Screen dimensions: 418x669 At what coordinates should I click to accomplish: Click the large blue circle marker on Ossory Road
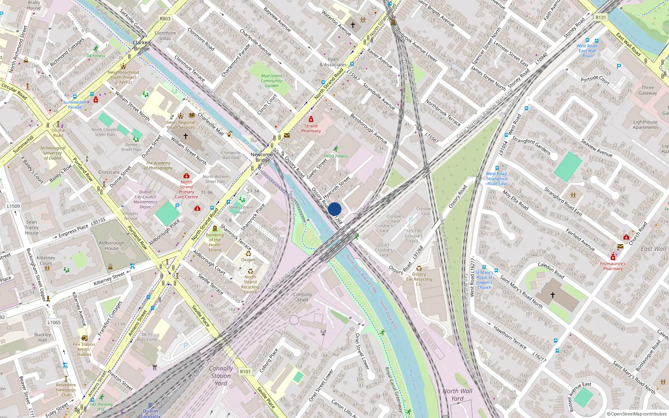(x=334, y=209)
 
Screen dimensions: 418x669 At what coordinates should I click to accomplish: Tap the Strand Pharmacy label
(x=311, y=128)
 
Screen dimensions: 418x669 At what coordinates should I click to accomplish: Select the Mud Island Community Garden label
(x=271, y=81)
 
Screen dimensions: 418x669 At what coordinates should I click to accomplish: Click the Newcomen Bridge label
(x=263, y=157)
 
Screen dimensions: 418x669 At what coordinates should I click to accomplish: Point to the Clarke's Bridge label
(x=142, y=46)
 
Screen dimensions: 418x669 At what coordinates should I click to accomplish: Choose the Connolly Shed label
(x=303, y=297)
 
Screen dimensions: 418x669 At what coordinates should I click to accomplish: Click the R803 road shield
(x=165, y=19)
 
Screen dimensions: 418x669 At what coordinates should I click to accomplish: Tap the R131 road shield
(x=600, y=18)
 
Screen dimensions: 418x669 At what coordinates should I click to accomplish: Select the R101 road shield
(x=245, y=372)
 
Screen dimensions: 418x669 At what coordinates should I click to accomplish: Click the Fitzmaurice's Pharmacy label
(x=613, y=266)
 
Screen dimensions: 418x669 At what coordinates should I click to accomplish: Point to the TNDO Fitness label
(x=335, y=156)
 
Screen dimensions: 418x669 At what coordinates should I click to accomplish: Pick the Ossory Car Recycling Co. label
(x=419, y=279)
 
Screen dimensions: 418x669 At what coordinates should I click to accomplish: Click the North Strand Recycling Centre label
(x=250, y=284)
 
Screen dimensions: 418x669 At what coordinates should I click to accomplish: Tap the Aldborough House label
(x=112, y=245)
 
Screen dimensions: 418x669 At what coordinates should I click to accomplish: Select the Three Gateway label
(x=648, y=90)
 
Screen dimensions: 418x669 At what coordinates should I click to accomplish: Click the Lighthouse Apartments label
(x=645, y=125)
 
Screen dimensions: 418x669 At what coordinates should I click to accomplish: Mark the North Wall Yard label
(x=457, y=395)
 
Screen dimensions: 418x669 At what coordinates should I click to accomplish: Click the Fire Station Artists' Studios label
(x=84, y=349)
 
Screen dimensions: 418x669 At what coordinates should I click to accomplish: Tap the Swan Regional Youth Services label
(x=181, y=125)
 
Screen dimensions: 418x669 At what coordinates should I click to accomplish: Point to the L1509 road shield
(x=13, y=206)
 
